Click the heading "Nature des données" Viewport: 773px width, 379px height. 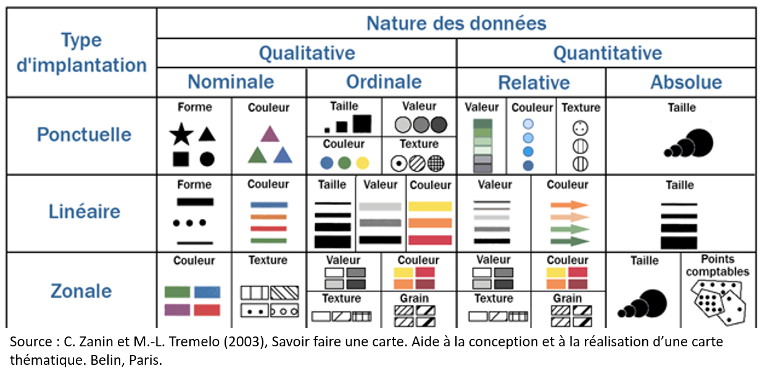point(456,23)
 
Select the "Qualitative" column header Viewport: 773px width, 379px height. point(307,53)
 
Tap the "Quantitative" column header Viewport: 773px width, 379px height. point(608,53)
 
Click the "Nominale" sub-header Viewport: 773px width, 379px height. point(231,82)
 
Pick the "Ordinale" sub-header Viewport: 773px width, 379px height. point(384,82)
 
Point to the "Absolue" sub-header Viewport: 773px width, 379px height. point(687,82)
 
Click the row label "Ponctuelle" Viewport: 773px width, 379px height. point(84,134)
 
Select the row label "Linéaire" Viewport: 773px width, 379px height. point(84,211)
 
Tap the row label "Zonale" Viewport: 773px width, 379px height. point(81,291)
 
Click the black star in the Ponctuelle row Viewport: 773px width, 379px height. point(181,134)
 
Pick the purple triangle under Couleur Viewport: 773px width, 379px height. point(270,134)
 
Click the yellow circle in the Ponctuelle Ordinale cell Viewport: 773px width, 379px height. point(363,163)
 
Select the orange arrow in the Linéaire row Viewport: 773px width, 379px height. point(569,205)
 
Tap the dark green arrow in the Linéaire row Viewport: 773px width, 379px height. point(569,241)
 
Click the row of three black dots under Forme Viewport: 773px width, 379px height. point(189,223)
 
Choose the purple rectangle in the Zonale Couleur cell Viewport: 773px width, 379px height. point(178,310)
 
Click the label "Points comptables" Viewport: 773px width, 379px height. point(718,265)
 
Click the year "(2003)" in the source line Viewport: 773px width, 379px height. point(246,342)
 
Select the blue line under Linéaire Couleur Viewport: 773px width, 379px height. point(269,205)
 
